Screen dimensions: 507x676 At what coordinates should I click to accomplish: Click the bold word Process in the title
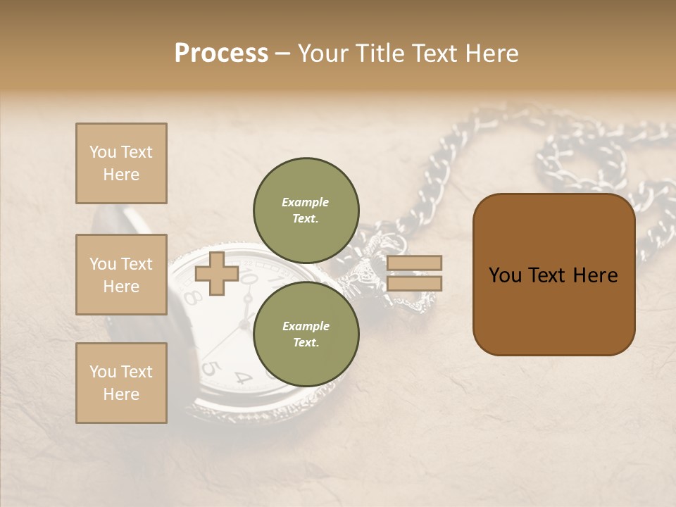[x=221, y=54]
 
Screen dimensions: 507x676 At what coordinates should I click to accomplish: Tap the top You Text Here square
[x=121, y=163]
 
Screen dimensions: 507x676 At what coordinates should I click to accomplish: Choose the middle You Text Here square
[x=121, y=275]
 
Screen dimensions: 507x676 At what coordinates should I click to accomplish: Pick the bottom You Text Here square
[x=121, y=383]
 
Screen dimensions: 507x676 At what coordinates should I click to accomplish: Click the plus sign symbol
[x=217, y=273]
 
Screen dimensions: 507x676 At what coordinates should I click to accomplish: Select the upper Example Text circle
[x=306, y=210]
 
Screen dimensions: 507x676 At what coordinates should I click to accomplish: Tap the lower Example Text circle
[x=306, y=334]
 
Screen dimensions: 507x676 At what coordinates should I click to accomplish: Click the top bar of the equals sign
[x=415, y=263]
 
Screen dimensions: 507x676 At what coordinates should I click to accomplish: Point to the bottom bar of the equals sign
[x=415, y=284]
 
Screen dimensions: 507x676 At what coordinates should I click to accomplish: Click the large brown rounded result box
[x=553, y=275]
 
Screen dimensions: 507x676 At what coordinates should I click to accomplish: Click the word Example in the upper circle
[x=306, y=202]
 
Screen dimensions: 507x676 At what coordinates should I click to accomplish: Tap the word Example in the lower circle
[x=306, y=326]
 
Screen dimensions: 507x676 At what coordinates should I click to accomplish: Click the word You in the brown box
[x=505, y=275]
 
